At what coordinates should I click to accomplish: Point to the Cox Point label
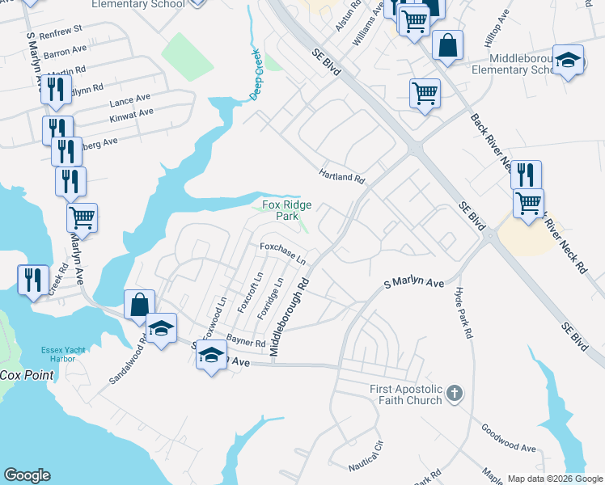[27, 375]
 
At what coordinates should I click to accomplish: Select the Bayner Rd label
[246, 342]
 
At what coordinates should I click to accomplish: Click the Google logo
[27, 475]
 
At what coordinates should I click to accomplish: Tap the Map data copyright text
[554, 478]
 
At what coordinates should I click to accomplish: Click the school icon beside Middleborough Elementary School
[569, 61]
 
